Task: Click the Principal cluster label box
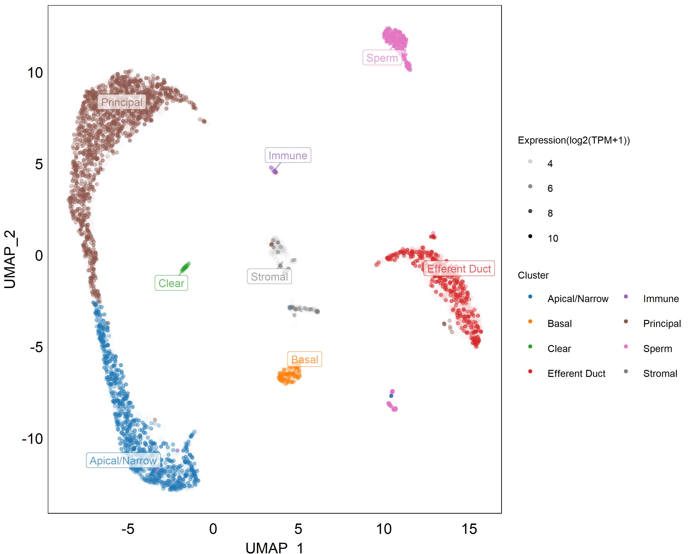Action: point(122,102)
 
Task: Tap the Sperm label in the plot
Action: point(382,58)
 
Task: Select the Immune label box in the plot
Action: point(288,156)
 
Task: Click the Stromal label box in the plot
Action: point(269,277)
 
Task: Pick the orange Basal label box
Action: point(304,359)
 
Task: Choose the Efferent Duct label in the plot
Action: point(459,269)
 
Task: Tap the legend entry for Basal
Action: point(560,323)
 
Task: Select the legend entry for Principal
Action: point(662,323)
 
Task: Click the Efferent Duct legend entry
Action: point(576,373)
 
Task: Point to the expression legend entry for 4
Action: point(550,163)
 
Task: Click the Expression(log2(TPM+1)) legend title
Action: point(574,140)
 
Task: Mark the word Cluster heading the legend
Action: point(533,275)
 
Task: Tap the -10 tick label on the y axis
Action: point(32,439)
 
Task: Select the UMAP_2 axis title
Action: point(10,259)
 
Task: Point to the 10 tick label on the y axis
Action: point(35,73)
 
